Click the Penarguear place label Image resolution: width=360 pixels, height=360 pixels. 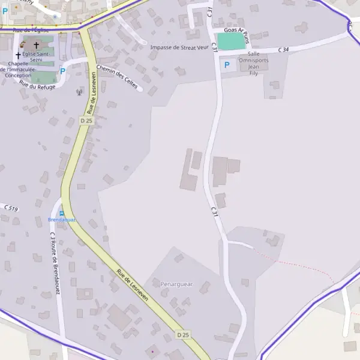pos(176,284)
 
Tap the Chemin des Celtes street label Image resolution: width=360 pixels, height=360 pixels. pos(116,77)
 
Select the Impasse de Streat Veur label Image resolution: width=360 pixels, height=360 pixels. pos(179,47)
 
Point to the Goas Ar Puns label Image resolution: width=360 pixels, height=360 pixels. pos(235,29)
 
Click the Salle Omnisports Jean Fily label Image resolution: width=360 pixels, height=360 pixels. pos(254,63)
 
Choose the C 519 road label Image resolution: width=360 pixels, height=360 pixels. pos(11,208)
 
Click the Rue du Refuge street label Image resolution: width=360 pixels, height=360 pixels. pos(37,86)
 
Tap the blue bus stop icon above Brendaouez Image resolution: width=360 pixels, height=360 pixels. pos(61,214)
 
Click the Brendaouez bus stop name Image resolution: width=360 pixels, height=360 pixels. pos(61,220)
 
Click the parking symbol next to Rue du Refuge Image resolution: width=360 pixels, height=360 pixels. pos(62,71)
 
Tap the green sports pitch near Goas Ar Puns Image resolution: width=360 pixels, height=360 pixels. pos(231,41)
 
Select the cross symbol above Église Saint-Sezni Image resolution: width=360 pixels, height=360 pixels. pos(37,45)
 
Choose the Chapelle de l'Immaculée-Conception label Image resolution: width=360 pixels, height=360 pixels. pos(18,70)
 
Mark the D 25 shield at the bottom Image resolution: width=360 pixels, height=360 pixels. pos(183,334)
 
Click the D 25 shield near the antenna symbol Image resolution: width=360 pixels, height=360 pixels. pos(86,121)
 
